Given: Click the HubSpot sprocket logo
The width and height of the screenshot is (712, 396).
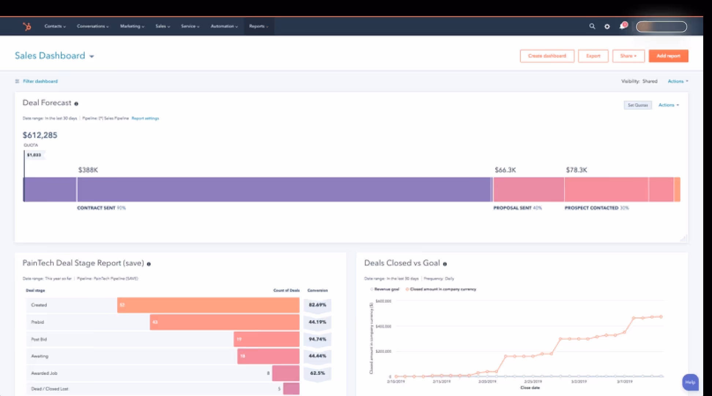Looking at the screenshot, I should [27, 26].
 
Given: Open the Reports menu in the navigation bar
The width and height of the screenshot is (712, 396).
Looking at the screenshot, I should [258, 26].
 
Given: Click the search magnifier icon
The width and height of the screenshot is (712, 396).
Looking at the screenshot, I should [592, 26].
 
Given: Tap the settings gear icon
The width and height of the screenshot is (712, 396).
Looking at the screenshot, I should [607, 26].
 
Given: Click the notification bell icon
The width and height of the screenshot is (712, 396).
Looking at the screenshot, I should [622, 26].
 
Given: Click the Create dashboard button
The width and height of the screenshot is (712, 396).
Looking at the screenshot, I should [547, 56].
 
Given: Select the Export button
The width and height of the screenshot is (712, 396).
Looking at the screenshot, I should [593, 56].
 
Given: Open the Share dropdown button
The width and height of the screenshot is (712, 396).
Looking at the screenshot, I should [628, 56].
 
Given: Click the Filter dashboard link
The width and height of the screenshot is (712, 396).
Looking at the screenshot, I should [40, 81].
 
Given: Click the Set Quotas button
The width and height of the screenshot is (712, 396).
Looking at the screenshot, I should [638, 105].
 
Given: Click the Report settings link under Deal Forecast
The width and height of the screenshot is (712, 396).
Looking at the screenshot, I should [145, 118].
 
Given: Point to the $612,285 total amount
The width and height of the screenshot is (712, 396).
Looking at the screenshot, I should [40, 135].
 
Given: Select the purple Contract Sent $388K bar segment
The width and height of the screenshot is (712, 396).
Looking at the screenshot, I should [284, 189].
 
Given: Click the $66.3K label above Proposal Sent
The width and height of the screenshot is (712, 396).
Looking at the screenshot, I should [505, 170].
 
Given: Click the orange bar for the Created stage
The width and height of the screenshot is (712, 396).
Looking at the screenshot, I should [208, 305].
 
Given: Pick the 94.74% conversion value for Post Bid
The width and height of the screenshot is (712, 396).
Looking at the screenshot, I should [317, 339].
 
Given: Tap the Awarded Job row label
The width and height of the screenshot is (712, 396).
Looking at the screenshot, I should [44, 373].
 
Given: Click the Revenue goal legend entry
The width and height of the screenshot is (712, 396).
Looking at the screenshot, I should [385, 289].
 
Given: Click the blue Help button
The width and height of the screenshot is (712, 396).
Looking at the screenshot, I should [690, 382].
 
